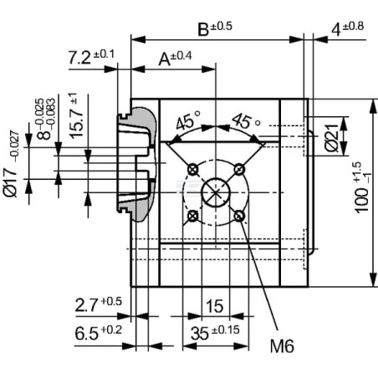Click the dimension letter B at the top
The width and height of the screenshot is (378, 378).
coord(203,29)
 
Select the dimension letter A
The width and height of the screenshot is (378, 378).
coord(164,59)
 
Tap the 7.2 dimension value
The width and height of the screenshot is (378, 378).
coord(79,58)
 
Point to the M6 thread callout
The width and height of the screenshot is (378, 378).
coord(282,346)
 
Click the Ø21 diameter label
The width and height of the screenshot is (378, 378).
coord(332,137)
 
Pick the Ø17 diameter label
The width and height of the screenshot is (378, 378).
coord(10,182)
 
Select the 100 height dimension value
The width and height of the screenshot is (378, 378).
coord(361,201)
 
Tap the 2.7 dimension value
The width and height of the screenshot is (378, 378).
coord(87,305)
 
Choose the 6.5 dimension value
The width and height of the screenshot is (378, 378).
coord(87,334)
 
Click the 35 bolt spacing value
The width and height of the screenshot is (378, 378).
coord(200,333)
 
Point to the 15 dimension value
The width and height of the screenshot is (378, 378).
coord(214,306)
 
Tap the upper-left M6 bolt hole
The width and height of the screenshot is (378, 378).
coord(193,169)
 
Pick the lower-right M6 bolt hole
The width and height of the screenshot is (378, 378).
coord(239,216)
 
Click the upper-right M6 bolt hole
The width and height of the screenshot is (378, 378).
coord(239,169)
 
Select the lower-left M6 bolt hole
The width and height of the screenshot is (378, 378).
coord(193,216)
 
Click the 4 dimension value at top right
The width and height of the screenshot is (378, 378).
coord(336,30)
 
